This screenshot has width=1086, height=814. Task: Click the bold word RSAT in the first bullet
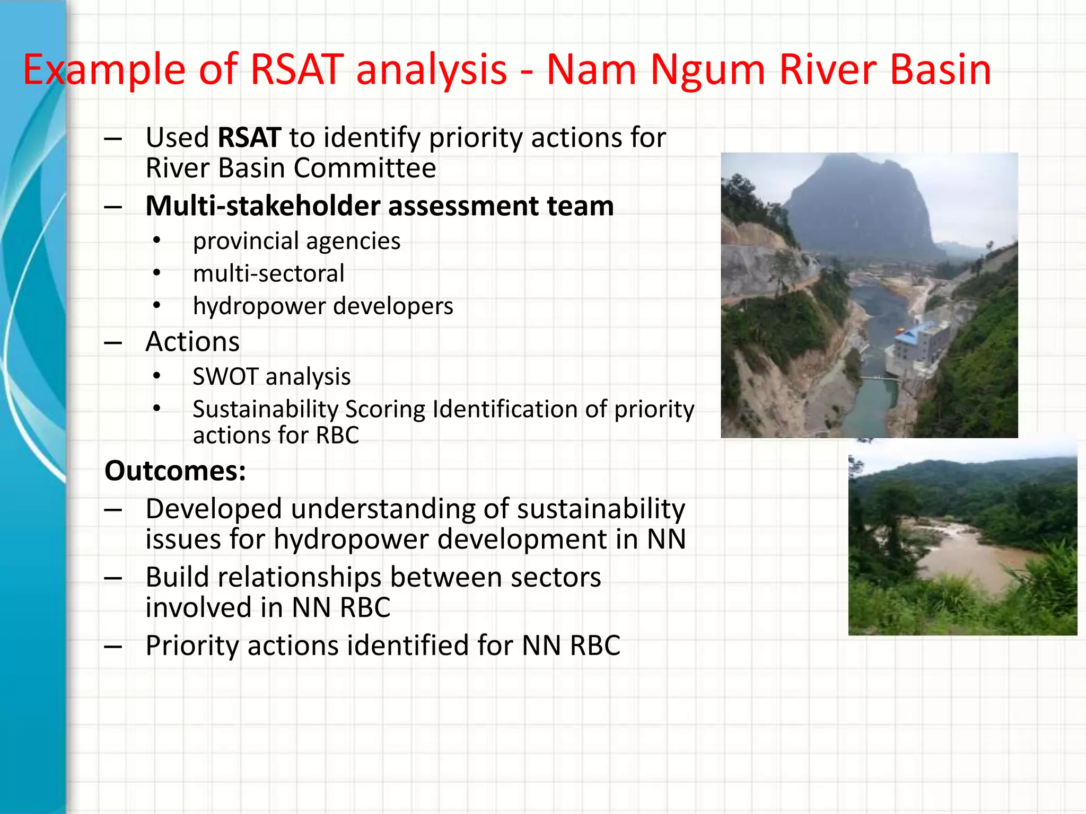tap(249, 138)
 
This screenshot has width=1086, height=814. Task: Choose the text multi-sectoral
tap(268, 274)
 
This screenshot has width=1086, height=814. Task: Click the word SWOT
tap(225, 377)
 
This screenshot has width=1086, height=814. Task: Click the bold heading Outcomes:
tap(175, 471)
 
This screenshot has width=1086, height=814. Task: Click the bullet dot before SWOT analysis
tap(156, 376)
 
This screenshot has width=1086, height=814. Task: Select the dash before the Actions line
tap(113, 343)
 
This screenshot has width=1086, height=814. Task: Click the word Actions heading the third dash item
tap(192, 342)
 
